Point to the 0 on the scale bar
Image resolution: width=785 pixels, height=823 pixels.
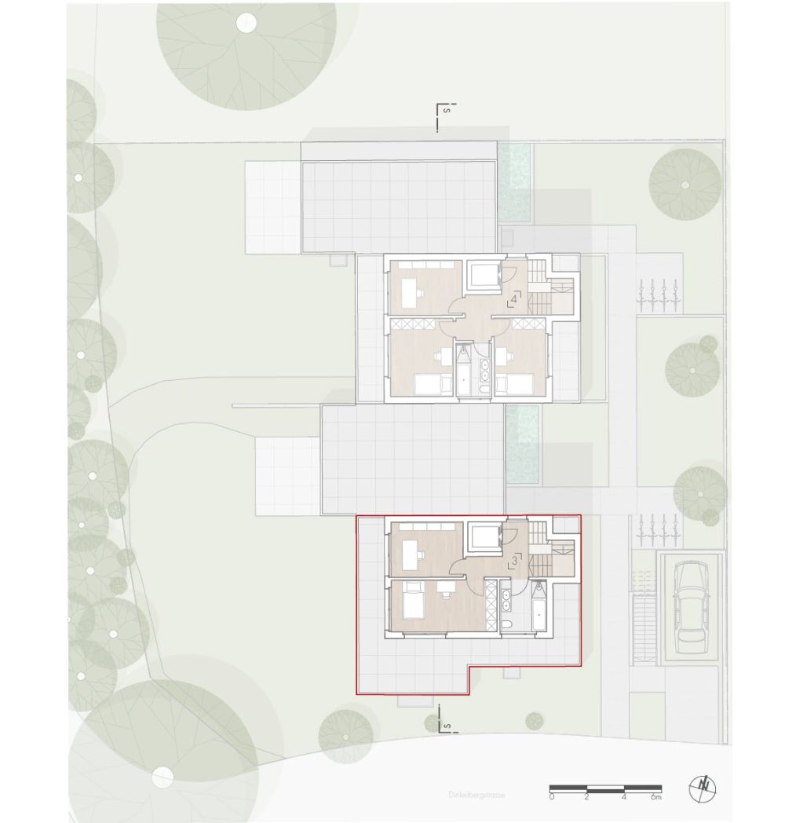[551, 797]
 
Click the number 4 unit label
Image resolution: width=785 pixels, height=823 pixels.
[514, 298]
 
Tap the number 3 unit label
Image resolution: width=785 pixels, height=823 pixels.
[514, 559]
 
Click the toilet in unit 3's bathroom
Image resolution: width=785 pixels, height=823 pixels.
[508, 624]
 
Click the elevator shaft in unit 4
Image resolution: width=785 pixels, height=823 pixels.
[485, 276]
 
